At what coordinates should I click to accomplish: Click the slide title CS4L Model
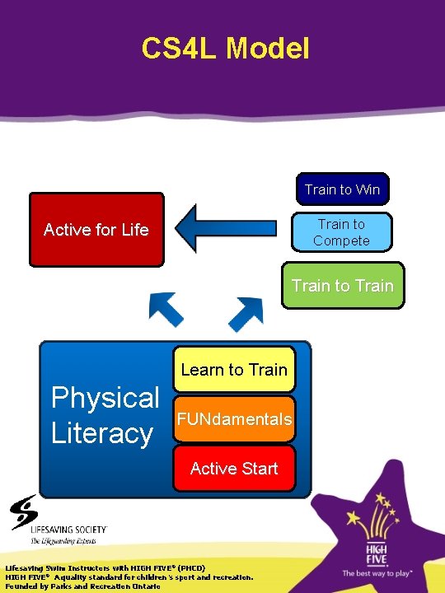pos(225,49)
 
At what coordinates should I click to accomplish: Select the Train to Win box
pos(342,189)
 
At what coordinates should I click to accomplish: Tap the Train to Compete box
pos(341,232)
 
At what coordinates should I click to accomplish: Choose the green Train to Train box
pos(343,286)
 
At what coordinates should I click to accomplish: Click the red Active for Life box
pos(96,230)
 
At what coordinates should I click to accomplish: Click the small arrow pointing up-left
pos(166,309)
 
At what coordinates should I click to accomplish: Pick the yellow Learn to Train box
pos(234,369)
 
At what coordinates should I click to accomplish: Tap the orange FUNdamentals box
pos(234,419)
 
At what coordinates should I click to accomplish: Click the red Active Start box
pos(234,469)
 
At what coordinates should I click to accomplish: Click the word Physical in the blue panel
pos(105,398)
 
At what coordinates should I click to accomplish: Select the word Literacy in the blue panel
pos(102,433)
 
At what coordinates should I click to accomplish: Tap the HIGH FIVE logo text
pos(377,551)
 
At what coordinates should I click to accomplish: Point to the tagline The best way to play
pos(377,572)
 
